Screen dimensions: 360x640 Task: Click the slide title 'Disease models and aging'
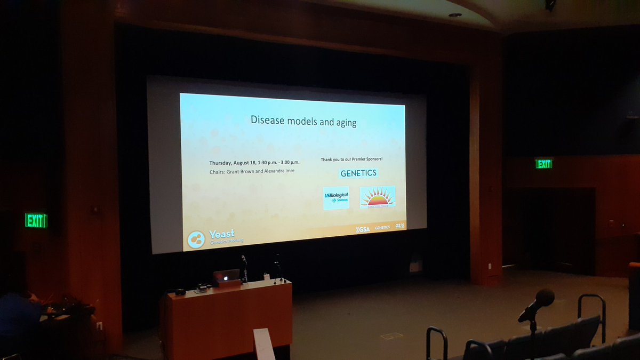pos(303,121)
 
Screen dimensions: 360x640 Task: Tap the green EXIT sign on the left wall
pos(36,220)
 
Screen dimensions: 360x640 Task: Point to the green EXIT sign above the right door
pos(543,164)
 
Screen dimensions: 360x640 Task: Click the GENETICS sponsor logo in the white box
pos(359,173)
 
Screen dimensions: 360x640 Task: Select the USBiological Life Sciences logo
pos(336,197)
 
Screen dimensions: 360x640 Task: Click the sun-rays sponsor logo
pos(378,197)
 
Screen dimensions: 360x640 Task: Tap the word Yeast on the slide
pos(221,234)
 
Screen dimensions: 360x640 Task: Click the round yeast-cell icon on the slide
pos(196,239)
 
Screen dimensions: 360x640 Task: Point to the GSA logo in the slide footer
pos(363,229)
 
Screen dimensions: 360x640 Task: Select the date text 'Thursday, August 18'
pos(232,162)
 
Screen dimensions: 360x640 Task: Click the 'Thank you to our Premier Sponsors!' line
pos(351,159)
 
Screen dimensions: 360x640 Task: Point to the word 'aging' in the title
pos(345,122)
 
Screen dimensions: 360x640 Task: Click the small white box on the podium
pos(267,277)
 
